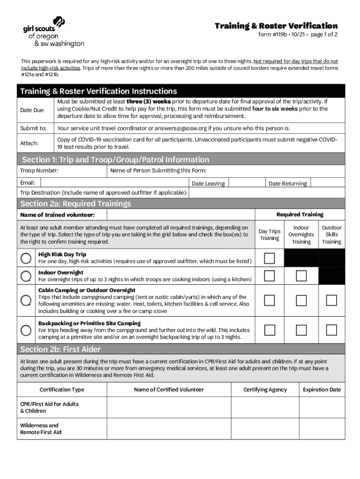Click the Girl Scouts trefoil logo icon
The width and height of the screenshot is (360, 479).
point(59,22)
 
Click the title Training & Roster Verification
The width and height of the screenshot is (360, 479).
point(276,26)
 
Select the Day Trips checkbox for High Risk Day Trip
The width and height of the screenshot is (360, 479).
point(269,258)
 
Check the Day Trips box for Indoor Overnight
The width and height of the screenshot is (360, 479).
point(269,276)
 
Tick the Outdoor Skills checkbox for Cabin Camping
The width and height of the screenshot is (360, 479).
point(331,300)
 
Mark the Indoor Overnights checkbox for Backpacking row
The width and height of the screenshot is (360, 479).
point(301,330)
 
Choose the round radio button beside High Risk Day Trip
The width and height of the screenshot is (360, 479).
point(27,258)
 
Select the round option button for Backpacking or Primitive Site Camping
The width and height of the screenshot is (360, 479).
point(27,330)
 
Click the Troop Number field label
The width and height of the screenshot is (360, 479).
point(39,171)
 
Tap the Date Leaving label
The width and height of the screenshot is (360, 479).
point(209,184)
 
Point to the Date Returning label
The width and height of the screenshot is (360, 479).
point(288,184)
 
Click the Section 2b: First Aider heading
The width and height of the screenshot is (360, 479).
point(60,349)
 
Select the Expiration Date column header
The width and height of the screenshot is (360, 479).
point(322,390)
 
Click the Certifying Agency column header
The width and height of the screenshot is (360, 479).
point(265,390)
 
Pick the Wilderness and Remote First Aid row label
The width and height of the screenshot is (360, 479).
point(41,429)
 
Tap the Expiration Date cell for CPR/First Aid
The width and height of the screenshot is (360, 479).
point(322,407)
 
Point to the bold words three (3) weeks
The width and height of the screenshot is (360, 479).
point(142,101)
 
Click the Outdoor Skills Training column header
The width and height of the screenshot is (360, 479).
point(331,234)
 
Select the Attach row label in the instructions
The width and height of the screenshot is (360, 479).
point(29,143)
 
